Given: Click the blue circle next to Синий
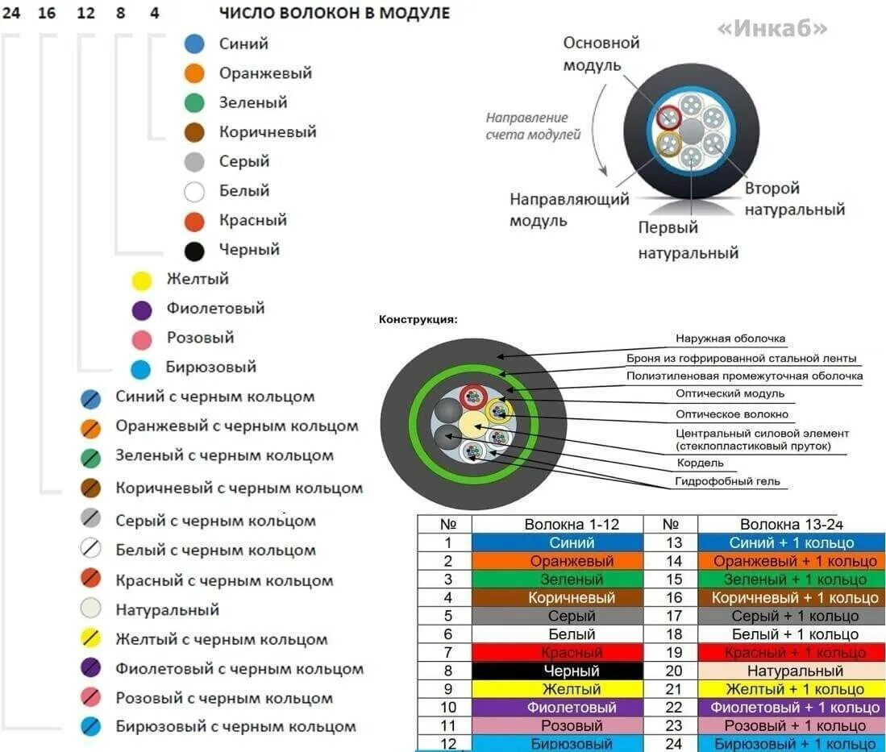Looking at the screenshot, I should (x=194, y=44).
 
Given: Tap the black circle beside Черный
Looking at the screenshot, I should (x=194, y=250).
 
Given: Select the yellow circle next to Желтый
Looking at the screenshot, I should (x=142, y=280).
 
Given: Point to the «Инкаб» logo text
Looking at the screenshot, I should (x=772, y=28).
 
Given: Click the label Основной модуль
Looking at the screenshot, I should (x=601, y=53).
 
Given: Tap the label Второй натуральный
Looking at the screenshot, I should (x=794, y=199).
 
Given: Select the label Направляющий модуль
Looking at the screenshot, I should (x=569, y=209).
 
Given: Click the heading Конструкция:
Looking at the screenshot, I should (x=418, y=320).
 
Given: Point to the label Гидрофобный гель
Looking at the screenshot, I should (x=727, y=482).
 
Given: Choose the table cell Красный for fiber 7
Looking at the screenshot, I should (x=572, y=652).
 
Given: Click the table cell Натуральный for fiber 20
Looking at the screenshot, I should (x=794, y=671).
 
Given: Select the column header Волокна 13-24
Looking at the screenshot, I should (x=792, y=524).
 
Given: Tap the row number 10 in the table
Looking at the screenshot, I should (x=448, y=708).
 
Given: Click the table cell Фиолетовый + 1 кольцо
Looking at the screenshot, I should (x=794, y=708).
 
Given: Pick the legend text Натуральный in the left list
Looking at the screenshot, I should (x=167, y=609).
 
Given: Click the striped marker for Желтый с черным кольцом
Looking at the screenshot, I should (x=91, y=639).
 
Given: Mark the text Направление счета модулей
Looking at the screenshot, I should (x=532, y=127).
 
